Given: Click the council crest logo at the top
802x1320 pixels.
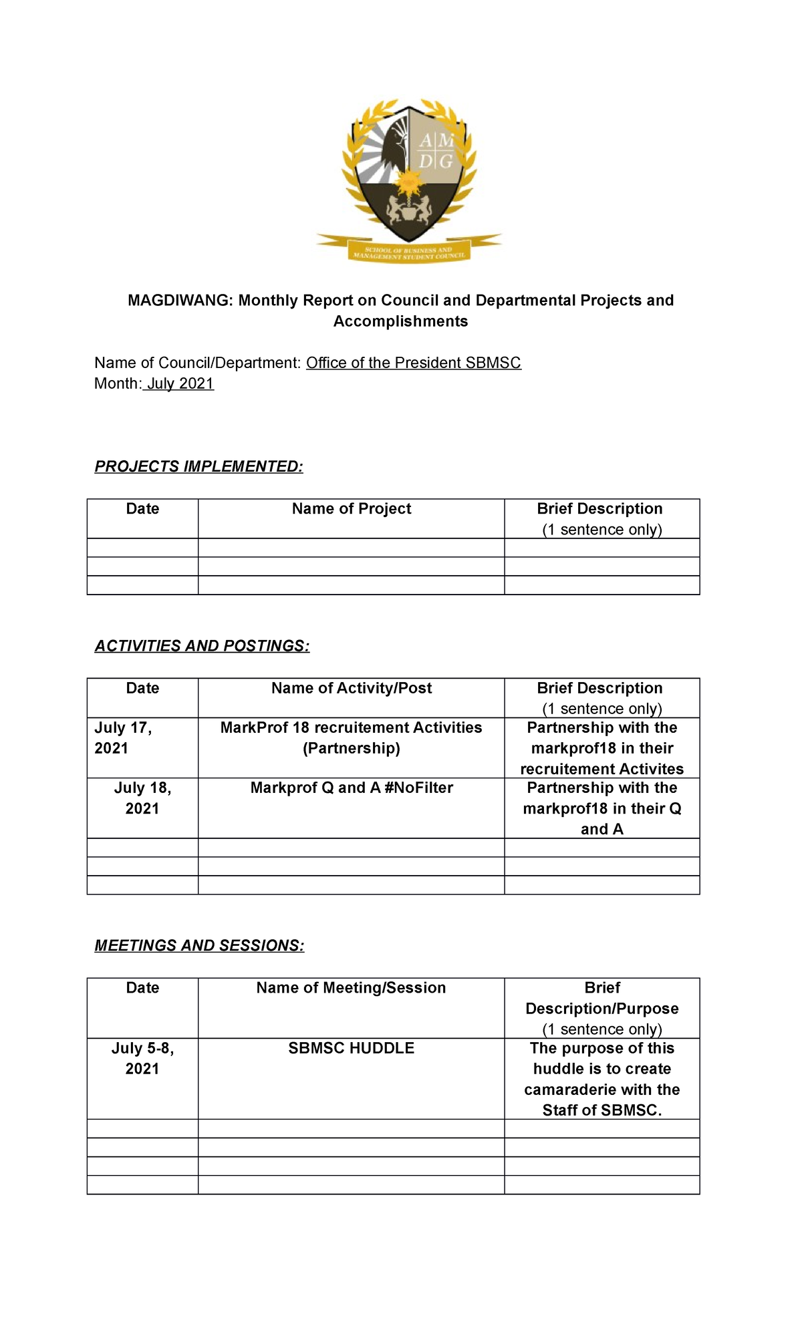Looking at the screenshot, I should pos(408,180).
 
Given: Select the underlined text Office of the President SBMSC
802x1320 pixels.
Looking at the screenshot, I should pos(413,363).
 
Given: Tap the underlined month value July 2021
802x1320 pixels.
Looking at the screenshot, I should pos(179,383).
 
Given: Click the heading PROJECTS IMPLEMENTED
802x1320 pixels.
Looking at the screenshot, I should pos(198,466).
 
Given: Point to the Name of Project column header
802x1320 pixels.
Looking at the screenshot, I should pos(351,509).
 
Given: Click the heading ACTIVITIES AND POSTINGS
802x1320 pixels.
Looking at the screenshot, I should pos(202,646).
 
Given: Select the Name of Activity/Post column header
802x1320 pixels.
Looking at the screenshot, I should pos(351,688).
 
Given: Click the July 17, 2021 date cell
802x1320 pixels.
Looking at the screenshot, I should pos(124,737).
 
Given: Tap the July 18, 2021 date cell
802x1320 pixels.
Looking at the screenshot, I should pos(142,798).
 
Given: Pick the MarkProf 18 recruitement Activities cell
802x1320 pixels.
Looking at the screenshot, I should pos(351,737).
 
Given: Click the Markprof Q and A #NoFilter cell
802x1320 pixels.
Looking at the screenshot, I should pos(351,788).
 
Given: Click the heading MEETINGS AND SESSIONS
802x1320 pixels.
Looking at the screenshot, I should pos(199,945).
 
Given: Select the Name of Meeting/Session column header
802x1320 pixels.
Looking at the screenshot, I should pos(351,988).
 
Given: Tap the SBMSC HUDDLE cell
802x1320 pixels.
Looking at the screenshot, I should pos(351,1048).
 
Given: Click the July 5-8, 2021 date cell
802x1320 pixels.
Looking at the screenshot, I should pos(142,1058).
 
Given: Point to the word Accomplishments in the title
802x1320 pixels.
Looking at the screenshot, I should pos(400,321).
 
